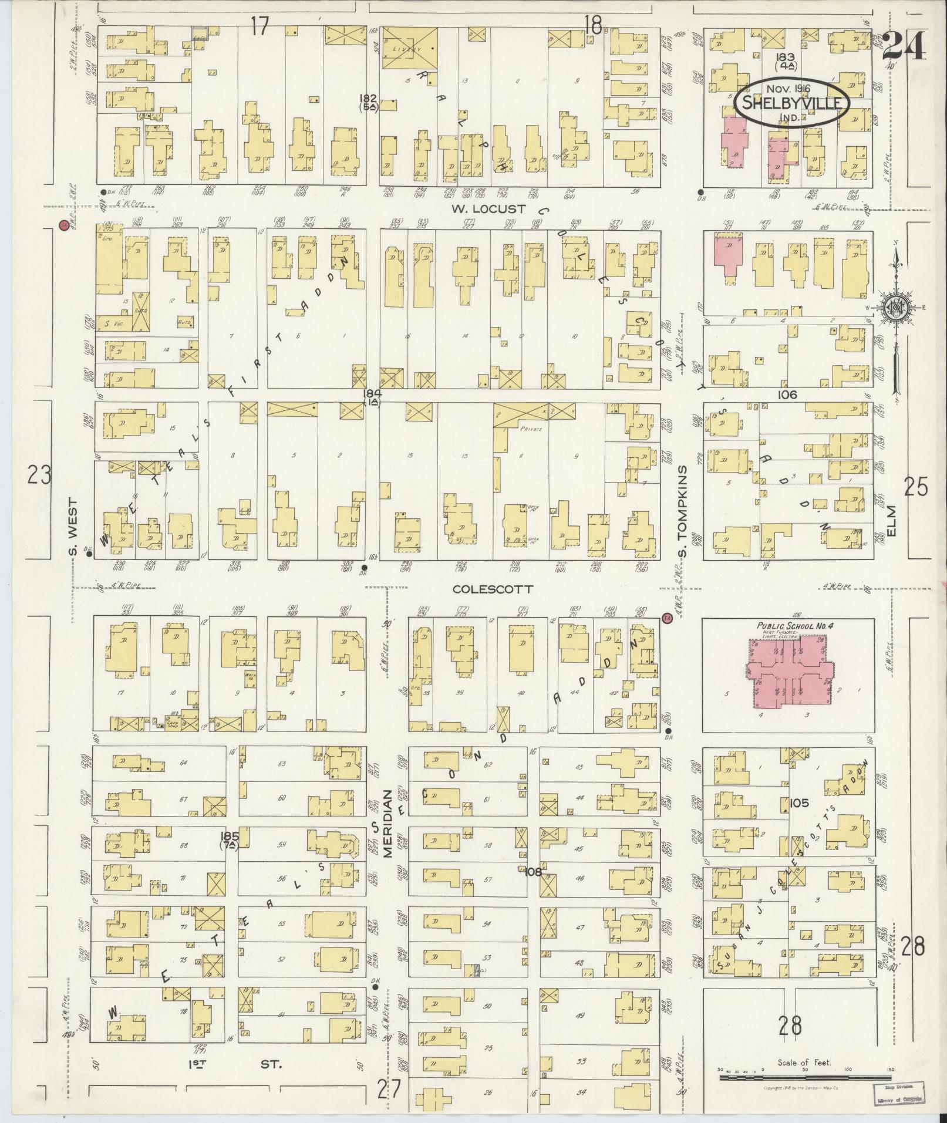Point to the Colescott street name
point(492,589)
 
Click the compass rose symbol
point(897,306)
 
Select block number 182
point(369,98)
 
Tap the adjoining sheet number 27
point(389,1092)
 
